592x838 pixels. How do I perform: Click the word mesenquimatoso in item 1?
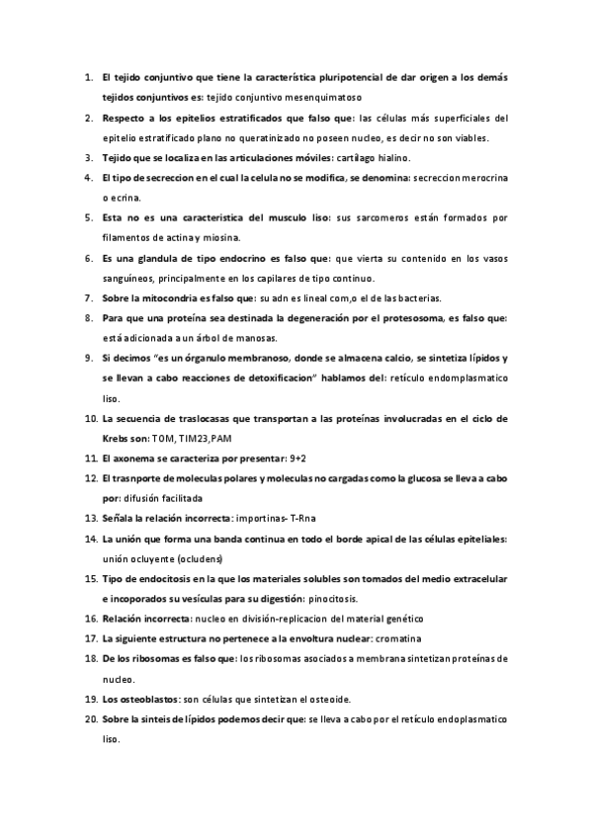(x=329, y=98)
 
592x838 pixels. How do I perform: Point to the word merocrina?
(x=484, y=178)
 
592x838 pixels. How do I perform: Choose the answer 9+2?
(x=295, y=459)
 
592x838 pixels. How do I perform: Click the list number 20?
(x=88, y=718)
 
